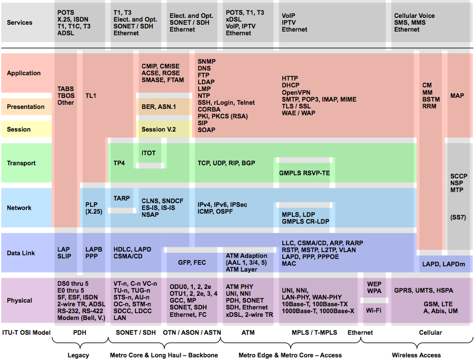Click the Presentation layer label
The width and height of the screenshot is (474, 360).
click(26, 107)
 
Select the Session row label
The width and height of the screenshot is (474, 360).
click(19, 129)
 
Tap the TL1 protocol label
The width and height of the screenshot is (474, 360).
click(91, 96)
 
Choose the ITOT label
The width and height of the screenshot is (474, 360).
click(149, 153)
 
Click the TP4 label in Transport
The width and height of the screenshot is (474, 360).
click(119, 163)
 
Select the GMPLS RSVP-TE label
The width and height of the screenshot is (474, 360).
click(304, 173)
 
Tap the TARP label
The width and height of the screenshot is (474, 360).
click(122, 198)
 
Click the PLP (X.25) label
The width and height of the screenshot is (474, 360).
click(94, 208)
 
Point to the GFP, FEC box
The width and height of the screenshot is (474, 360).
click(192, 263)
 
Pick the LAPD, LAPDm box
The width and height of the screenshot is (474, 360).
click(443, 264)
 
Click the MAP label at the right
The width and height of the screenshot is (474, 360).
click(457, 96)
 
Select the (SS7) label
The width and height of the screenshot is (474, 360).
click(458, 217)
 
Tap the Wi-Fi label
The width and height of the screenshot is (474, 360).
click(373, 311)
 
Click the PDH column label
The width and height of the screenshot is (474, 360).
click(80, 333)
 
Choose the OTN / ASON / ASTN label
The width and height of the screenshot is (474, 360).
click(192, 333)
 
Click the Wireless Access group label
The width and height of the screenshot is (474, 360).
click(416, 355)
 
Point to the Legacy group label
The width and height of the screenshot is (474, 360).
click(78, 355)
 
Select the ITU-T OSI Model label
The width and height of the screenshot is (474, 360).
click(26, 333)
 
